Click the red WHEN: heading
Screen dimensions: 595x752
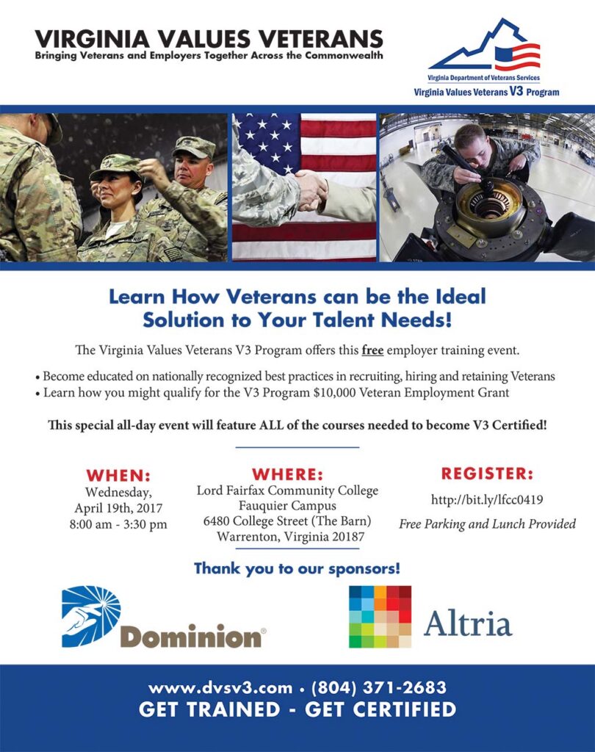[118, 475]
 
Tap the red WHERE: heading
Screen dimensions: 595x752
[287, 474]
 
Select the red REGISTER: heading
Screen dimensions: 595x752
[487, 474]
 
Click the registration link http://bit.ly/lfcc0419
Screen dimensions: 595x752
[487, 499]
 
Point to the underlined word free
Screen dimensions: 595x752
[372, 350]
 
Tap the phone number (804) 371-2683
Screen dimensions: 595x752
[379, 687]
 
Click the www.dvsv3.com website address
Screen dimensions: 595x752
[220, 688]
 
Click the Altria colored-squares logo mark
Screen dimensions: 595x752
[380, 617]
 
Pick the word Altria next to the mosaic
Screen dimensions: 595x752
[468, 623]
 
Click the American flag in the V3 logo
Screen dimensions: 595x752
[517, 56]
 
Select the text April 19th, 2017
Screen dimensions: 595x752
[118, 508]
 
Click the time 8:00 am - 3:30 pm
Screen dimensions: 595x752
[118, 524]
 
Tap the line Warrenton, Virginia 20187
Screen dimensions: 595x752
[290, 536]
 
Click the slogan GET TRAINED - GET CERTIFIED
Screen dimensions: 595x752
[297, 709]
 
